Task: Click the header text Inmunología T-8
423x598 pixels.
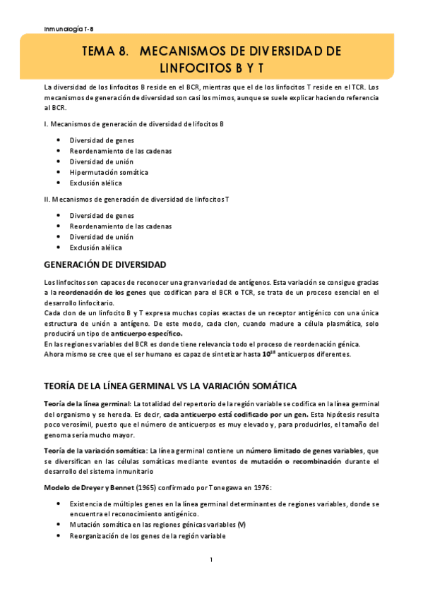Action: pos(65,29)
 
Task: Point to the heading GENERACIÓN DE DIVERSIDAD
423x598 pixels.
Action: pos(105,265)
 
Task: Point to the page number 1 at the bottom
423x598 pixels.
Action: pos(211,560)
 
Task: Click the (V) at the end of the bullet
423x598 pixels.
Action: pos(242,525)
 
